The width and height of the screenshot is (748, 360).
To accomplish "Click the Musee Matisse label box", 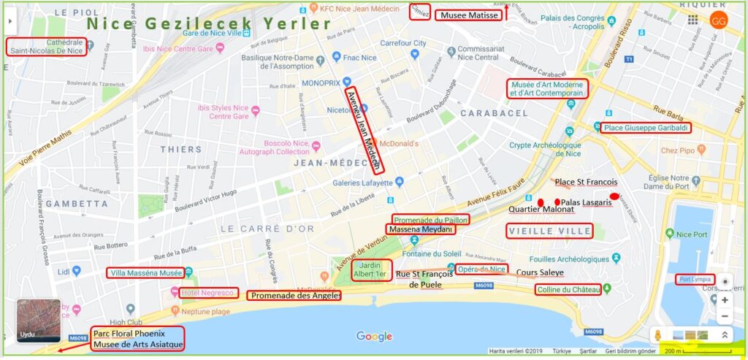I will click(468, 15).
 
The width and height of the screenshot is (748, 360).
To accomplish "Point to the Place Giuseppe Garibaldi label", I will click(646, 128).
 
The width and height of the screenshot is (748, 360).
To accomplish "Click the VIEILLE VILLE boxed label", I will click(549, 231).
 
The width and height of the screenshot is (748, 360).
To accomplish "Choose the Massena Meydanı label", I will click(421, 229).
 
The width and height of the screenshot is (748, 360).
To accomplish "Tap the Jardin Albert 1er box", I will click(372, 269).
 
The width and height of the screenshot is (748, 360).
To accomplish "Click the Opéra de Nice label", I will click(481, 269).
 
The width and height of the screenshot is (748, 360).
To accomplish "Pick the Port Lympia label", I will click(693, 279).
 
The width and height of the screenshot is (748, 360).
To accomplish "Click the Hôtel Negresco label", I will click(209, 293).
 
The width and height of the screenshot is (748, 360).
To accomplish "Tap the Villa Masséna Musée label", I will click(145, 273).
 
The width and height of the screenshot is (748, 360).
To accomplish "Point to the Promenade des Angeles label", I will click(294, 296).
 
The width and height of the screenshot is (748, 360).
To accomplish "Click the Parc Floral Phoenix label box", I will click(137, 339).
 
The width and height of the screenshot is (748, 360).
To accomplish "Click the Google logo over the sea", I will click(374, 336).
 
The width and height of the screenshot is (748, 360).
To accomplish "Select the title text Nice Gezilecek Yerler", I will click(208, 23).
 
